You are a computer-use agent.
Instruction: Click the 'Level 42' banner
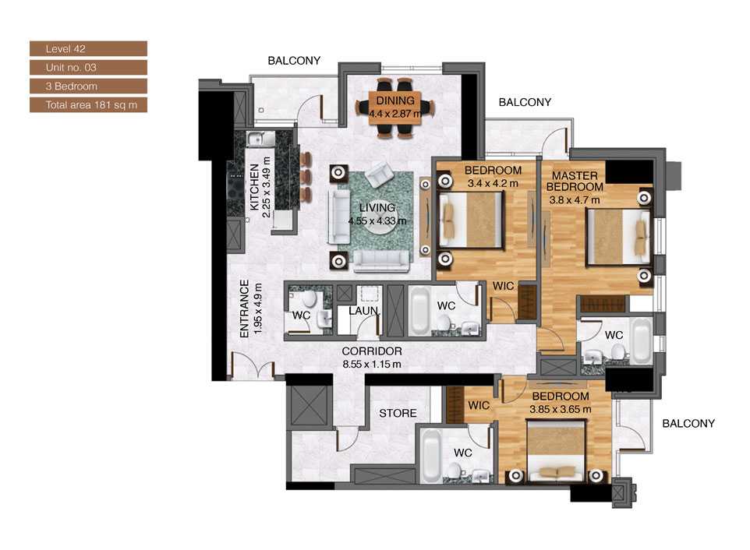point(88,49)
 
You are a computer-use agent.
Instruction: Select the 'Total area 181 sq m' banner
point(88,104)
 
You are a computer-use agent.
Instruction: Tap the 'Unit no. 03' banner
point(88,68)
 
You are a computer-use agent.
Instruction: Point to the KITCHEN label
point(255,188)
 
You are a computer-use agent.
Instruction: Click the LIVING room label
point(377,208)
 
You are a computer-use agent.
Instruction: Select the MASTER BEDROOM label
point(575,182)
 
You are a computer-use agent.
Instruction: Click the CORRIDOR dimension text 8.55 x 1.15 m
point(372,363)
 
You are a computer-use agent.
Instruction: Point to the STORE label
point(398,413)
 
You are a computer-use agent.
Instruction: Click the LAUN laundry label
point(363,311)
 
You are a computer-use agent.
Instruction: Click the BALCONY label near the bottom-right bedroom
point(688,424)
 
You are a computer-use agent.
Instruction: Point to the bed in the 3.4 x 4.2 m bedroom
point(470,220)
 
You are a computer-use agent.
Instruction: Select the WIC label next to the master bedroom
point(501,287)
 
